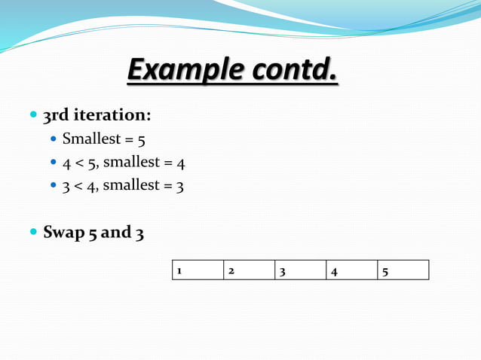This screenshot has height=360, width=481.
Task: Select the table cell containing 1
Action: [x=198, y=270]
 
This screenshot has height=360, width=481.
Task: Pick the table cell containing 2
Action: [x=249, y=270]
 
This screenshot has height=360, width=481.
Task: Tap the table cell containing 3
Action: [x=300, y=270]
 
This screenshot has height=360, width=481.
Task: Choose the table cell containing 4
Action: [x=351, y=270]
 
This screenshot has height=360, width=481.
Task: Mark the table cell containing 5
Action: [x=403, y=270]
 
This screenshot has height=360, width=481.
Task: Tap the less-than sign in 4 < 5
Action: [x=79, y=162]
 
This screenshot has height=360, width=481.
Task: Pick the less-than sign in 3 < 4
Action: [x=79, y=185]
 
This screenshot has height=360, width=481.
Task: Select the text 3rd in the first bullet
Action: [x=56, y=116]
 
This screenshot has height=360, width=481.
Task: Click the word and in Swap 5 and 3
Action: [x=115, y=233]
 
